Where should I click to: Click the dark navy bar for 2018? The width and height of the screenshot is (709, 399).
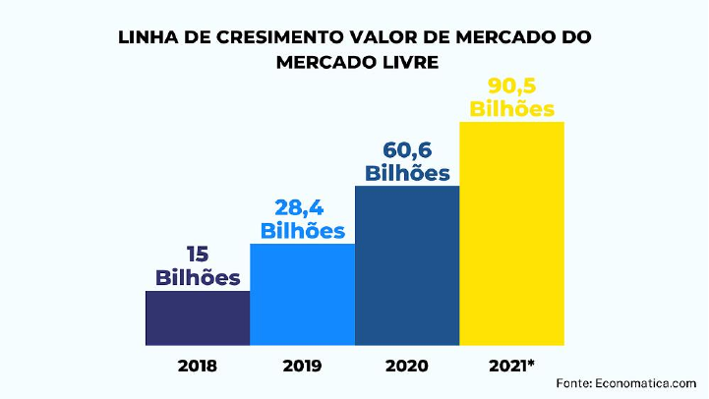198,318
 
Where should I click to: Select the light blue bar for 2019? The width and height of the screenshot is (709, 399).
303,295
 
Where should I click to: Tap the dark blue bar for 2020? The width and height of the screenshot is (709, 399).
407,265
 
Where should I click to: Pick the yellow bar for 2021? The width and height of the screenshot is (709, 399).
512,234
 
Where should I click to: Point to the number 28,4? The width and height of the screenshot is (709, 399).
303,209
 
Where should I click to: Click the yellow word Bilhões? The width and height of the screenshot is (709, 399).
512,108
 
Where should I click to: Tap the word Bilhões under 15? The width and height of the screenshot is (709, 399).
198,277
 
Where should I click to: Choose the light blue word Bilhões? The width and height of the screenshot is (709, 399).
303,231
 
